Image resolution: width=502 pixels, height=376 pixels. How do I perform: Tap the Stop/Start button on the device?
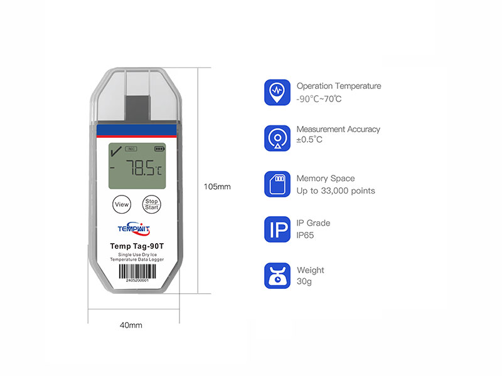coord(151,204)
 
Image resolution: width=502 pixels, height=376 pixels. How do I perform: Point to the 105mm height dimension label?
coord(218,186)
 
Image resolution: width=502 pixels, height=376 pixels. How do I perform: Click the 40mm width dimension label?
coord(131,325)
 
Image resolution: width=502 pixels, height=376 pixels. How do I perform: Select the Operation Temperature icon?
coord(277,92)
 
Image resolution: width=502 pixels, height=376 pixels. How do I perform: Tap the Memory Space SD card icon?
coord(277,184)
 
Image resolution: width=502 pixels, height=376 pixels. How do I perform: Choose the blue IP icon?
coord(277,229)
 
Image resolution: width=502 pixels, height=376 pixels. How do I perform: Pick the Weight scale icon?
coord(277,276)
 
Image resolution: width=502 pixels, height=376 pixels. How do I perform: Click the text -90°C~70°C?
coord(319,99)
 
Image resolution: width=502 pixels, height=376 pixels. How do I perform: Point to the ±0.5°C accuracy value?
coord(309,139)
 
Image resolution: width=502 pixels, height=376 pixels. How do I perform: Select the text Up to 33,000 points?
coord(336,191)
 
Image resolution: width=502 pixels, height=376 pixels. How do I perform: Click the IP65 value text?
coord(305,235)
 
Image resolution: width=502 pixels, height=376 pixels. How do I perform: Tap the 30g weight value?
coord(304,282)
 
